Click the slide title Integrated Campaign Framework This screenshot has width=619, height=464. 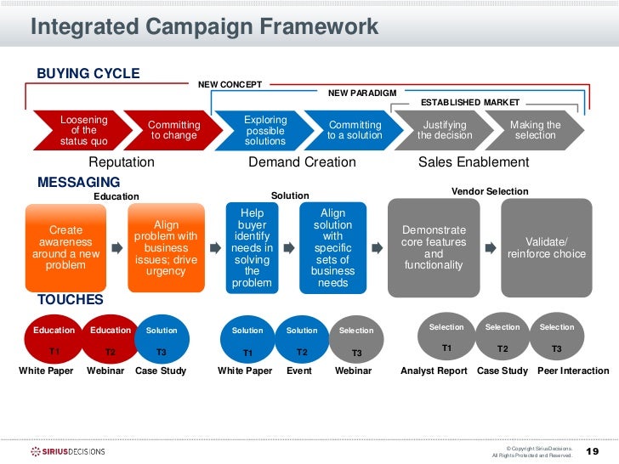(x=204, y=26)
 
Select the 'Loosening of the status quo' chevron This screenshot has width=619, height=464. (x=82, y=131)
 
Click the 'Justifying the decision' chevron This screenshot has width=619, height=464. (x=444, y=131)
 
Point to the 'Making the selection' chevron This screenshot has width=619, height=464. (x=534, y=131)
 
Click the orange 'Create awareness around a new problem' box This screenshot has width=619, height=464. (x=66, y=247)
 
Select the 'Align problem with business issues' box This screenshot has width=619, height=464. (x=166, y=247)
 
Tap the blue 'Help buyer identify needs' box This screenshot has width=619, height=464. (x=252, y=247)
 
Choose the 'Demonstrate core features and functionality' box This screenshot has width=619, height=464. (x=434, y=247)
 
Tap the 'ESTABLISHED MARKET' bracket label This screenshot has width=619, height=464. (x=469, y=102)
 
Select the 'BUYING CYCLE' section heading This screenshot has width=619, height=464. (x=88, y=74)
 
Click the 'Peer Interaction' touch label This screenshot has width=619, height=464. (x=573, y=371)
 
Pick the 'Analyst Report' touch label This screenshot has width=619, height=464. (x=434, y=371)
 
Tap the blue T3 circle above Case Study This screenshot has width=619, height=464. (x=162, y=340)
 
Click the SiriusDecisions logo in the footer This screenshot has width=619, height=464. (x=68, y=451)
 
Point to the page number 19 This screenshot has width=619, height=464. (x=593, y=450)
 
